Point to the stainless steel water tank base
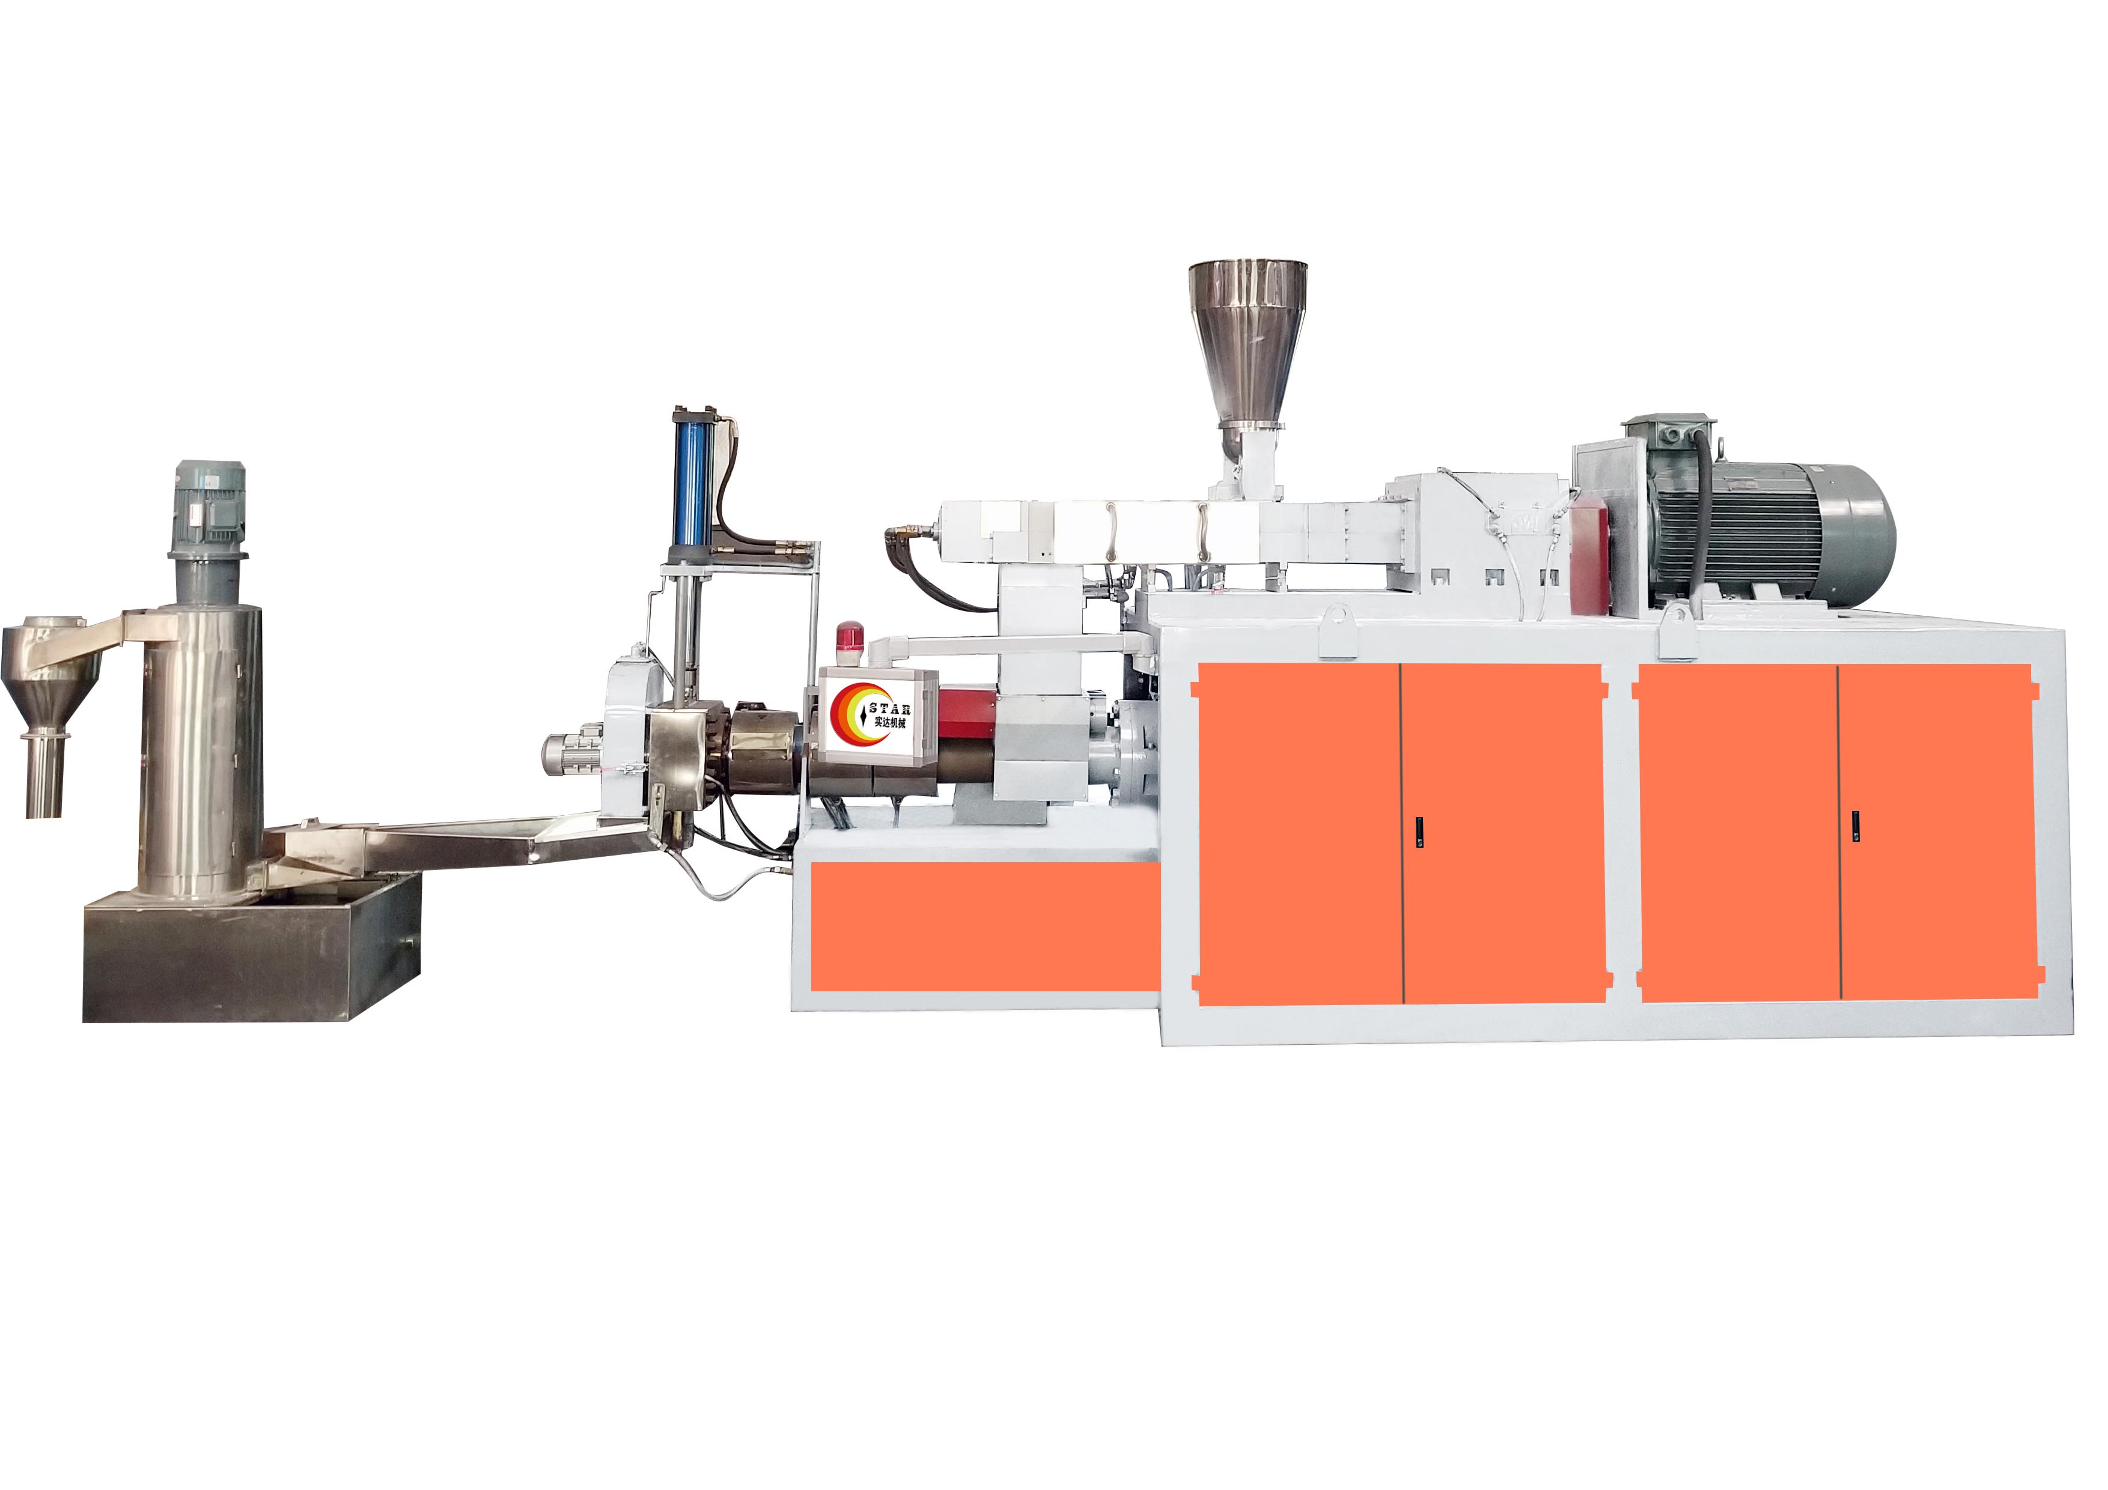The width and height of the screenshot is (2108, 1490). tap(252, 946)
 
